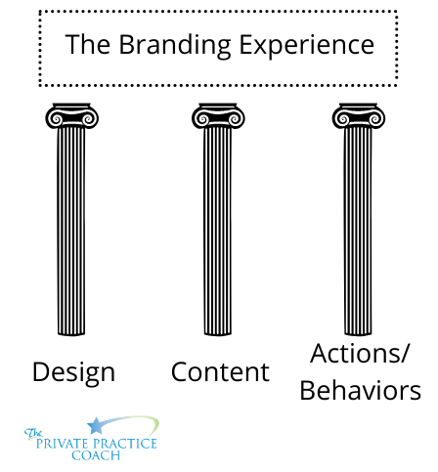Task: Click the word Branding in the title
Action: pos(175,46)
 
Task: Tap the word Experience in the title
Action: pos(307,46)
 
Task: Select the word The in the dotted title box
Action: pos(87,44)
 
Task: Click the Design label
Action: pos(73,373)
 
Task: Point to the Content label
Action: pos(220,372)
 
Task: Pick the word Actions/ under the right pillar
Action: pos(359,354)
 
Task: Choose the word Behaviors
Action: pos(361,390)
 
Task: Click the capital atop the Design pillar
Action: pos(71,116)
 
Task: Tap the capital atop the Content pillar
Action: pos(218,116)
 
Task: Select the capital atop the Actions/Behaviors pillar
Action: pos(359,116)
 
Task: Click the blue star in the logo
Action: pos(95,426)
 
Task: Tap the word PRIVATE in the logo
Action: pos(63,444)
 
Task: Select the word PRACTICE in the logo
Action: pos(125,444)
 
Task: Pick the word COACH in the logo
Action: pos(96,455)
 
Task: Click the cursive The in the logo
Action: pos(33,434)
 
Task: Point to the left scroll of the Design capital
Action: pos(55,119)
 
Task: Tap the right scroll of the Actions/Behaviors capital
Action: pos(375,119)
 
